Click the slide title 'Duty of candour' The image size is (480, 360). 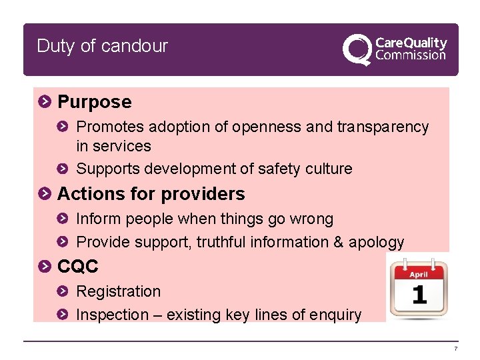coord(102,46)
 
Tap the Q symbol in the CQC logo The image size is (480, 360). coord(357,49)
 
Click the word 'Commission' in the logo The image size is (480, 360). coord(411,55)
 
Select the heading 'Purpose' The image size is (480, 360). coord(95,102)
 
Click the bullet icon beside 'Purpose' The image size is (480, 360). coord(44,102)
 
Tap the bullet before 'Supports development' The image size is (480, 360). coord(63,169)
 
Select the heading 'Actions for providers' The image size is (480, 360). coord(151,194)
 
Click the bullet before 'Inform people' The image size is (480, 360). coord(63,219)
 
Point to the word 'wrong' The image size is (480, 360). coord(311,219)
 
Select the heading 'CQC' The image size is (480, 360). coord(78,267)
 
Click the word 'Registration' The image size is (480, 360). coord(119,291)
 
